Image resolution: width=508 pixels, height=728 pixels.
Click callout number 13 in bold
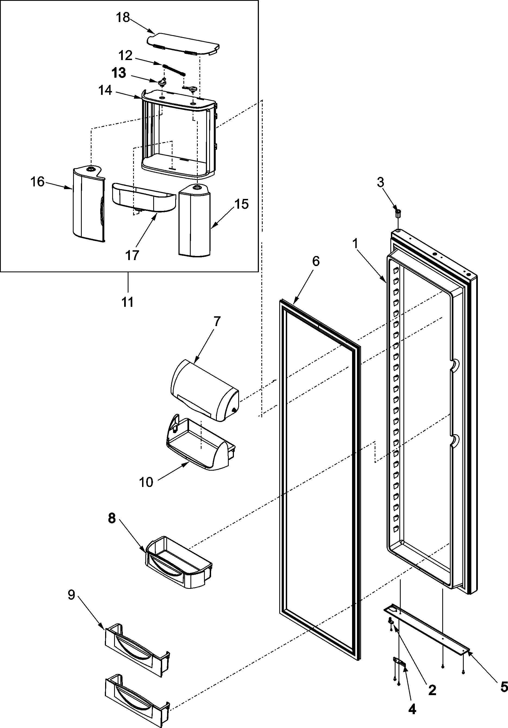[x=119, y=73]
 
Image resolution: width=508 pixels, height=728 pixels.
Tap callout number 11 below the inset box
[x=128, y=302]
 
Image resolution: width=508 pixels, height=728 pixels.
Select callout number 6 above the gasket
[x=316, y=261]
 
